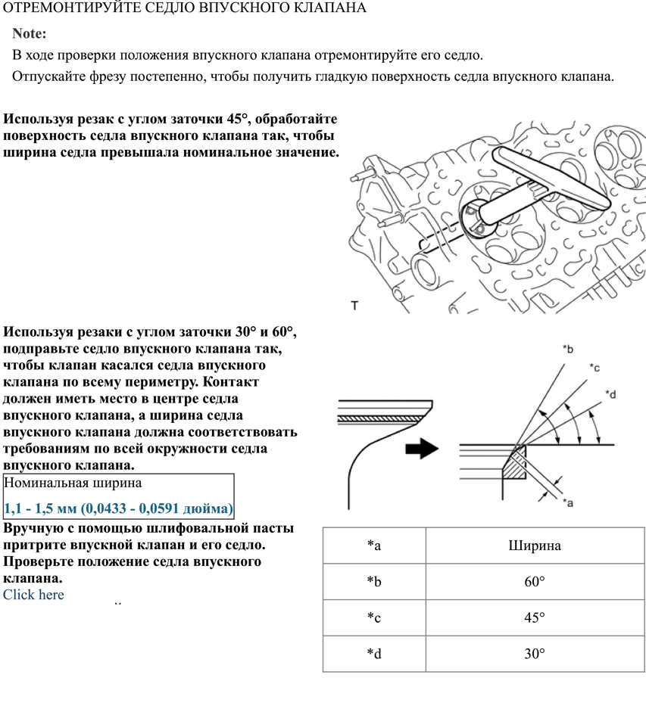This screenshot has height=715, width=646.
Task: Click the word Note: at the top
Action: [30, 34]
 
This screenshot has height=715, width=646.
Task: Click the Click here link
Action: [33, 595]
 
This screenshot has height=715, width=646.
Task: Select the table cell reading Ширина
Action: [535, 546]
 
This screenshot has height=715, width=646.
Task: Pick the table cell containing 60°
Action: [535, 582]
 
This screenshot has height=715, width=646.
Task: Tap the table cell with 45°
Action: [535, 617]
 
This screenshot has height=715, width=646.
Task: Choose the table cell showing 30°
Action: [535, 654]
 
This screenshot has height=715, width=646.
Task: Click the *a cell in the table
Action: [373, 546]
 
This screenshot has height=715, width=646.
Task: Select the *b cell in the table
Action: [373, 582]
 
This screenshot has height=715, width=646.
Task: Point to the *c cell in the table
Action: [373, 617]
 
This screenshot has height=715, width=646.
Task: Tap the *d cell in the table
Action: [373, 654]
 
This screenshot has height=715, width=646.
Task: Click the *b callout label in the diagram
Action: [568, 349]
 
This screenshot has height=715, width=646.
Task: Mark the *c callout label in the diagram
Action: [595, 367]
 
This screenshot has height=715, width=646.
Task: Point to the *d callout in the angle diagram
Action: [611, 394]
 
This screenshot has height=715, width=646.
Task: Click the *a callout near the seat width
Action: [567, 502]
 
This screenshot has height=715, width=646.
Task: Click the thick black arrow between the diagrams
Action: [422, 448]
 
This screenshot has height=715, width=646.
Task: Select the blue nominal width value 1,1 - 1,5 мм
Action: [118, 508]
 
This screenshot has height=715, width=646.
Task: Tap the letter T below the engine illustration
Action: [354, 305]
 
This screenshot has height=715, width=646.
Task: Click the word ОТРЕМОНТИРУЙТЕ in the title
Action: [55, 8]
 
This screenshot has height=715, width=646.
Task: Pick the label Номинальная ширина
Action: [73, 483]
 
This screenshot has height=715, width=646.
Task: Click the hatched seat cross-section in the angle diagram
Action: [516, 463]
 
